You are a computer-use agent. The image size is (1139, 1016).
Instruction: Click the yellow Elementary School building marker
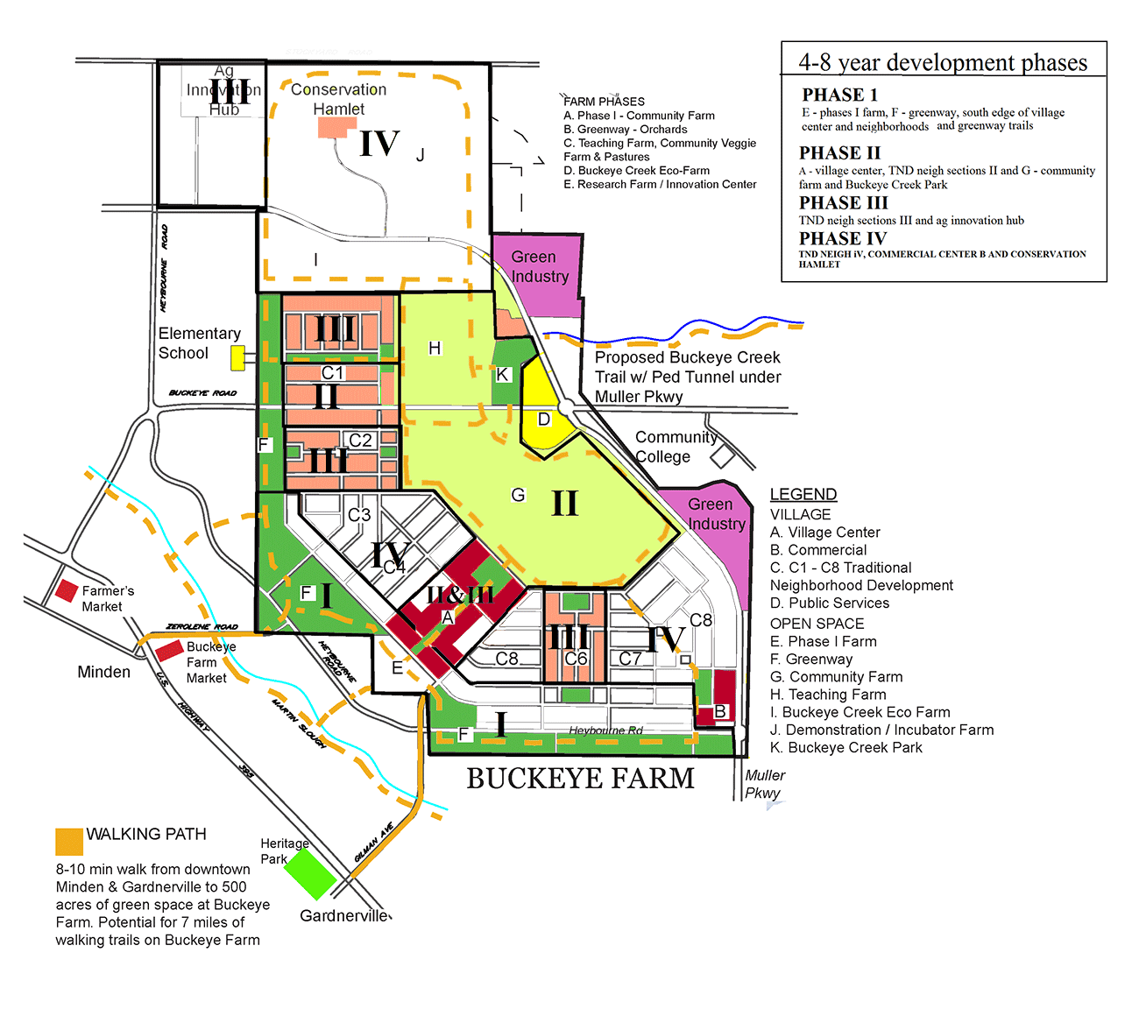237,357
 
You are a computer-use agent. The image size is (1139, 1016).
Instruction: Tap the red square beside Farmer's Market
67,590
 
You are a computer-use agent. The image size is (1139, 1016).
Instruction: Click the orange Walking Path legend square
69,841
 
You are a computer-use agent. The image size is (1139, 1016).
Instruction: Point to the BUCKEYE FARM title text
580,779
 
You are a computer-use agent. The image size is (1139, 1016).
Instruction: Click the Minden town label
103,672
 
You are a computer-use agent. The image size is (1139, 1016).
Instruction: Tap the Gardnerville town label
344,915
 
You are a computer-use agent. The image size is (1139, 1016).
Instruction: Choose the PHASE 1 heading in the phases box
839,95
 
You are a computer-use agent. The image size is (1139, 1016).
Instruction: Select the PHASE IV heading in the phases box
843,238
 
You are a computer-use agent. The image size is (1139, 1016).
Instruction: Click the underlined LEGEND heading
803,494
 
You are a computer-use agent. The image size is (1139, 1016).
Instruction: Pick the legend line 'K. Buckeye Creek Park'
845,747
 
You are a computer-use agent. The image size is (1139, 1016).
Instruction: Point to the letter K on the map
502,375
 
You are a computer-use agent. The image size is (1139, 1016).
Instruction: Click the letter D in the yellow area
543,420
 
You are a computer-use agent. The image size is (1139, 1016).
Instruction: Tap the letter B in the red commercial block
720,711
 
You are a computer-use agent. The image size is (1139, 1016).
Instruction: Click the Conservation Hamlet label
339,99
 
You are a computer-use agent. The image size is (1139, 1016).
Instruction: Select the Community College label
675,447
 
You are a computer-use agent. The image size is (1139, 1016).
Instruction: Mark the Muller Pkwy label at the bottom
764,784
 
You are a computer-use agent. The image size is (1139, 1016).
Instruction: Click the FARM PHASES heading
604,102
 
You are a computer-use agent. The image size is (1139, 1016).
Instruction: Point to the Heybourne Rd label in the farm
605,730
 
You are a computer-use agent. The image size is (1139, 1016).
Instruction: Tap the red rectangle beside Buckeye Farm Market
169,651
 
